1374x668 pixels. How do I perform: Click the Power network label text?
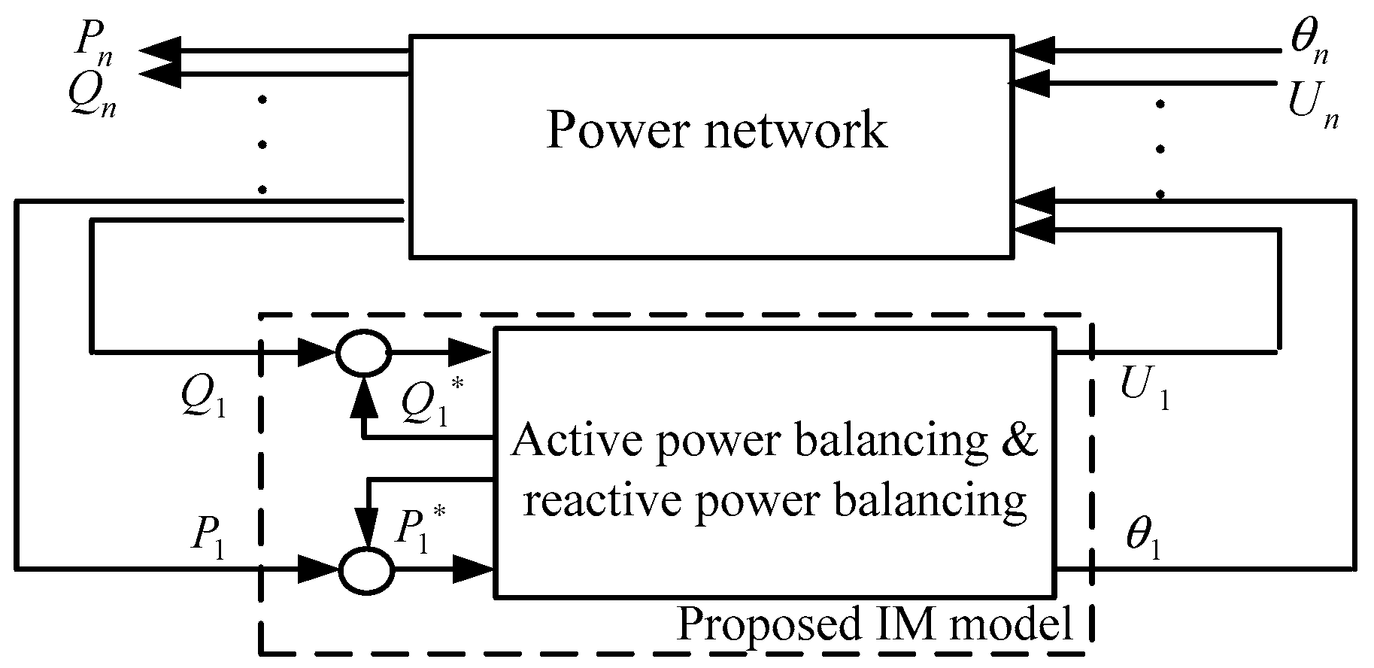(716, 129)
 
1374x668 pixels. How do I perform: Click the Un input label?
(1313, 105)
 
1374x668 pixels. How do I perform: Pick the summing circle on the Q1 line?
(363, 351)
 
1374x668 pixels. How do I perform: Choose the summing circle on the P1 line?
(366, 569)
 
